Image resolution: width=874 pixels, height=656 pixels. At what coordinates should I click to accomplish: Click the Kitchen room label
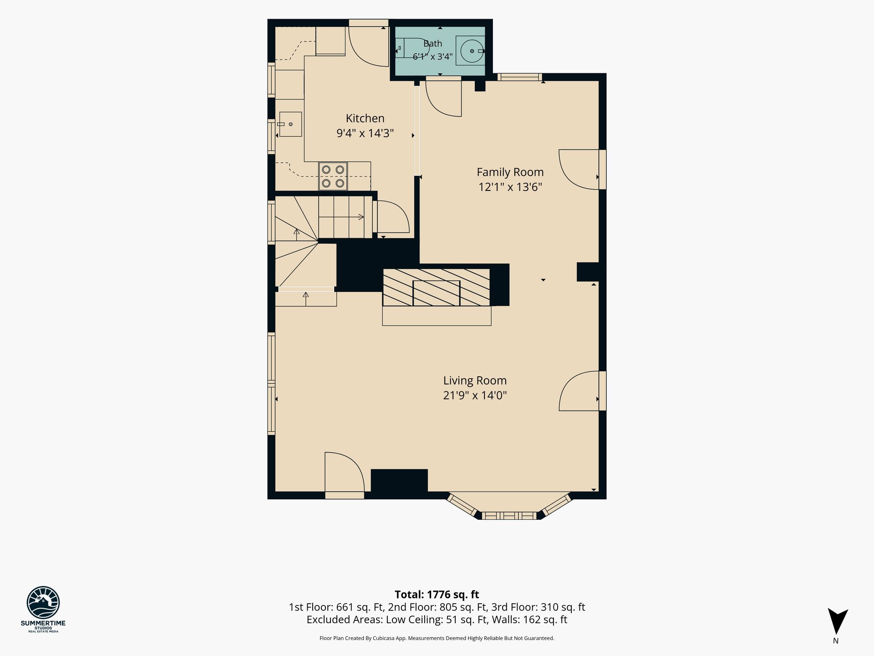point(365,118)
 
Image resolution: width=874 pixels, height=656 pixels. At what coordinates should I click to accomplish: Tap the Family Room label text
point(510,172)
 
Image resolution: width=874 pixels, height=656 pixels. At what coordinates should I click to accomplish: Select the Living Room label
point(475,380)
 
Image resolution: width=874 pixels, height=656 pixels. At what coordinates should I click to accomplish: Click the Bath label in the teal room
point(432,44)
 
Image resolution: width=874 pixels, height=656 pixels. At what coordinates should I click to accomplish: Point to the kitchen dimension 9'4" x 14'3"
point(365,133)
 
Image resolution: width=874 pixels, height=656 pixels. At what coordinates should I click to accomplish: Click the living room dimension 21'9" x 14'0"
point(475,395)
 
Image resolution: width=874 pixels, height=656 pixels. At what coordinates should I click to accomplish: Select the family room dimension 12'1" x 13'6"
point(510,187)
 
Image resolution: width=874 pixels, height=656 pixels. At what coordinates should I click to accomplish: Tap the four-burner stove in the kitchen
point(333,176)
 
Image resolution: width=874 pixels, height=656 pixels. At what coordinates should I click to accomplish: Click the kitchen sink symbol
point(290,124)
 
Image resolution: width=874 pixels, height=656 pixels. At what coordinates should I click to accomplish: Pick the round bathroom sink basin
point(472,51)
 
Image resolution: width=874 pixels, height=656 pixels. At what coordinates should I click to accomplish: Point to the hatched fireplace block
point(436,287)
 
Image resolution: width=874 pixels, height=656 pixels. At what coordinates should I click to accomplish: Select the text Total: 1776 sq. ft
point(437,594)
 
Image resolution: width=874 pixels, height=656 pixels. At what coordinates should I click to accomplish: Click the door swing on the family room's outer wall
point(579,169)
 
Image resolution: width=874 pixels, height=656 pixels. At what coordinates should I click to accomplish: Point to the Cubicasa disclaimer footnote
point(437,638)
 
